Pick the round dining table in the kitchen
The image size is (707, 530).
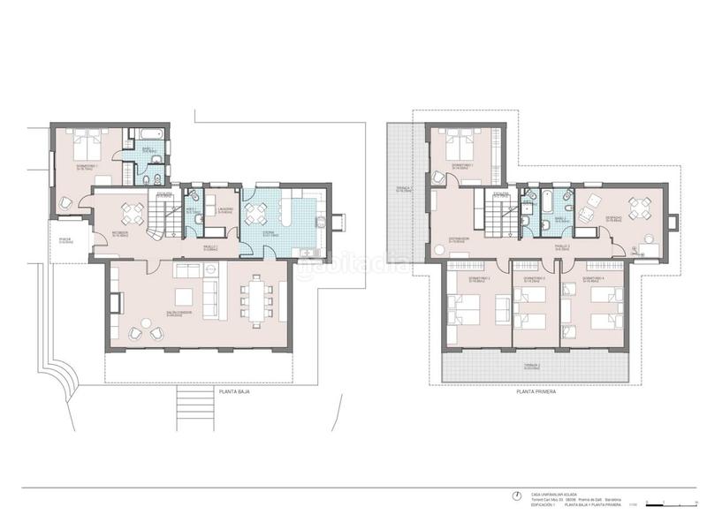point(257,213)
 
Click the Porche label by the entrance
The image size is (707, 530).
point(64,240)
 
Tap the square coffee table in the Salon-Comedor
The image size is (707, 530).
point(186,295)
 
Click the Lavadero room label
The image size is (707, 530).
point(224,210)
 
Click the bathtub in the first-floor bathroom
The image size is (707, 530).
point(547,202)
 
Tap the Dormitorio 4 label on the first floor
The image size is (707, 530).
point(593,278)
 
